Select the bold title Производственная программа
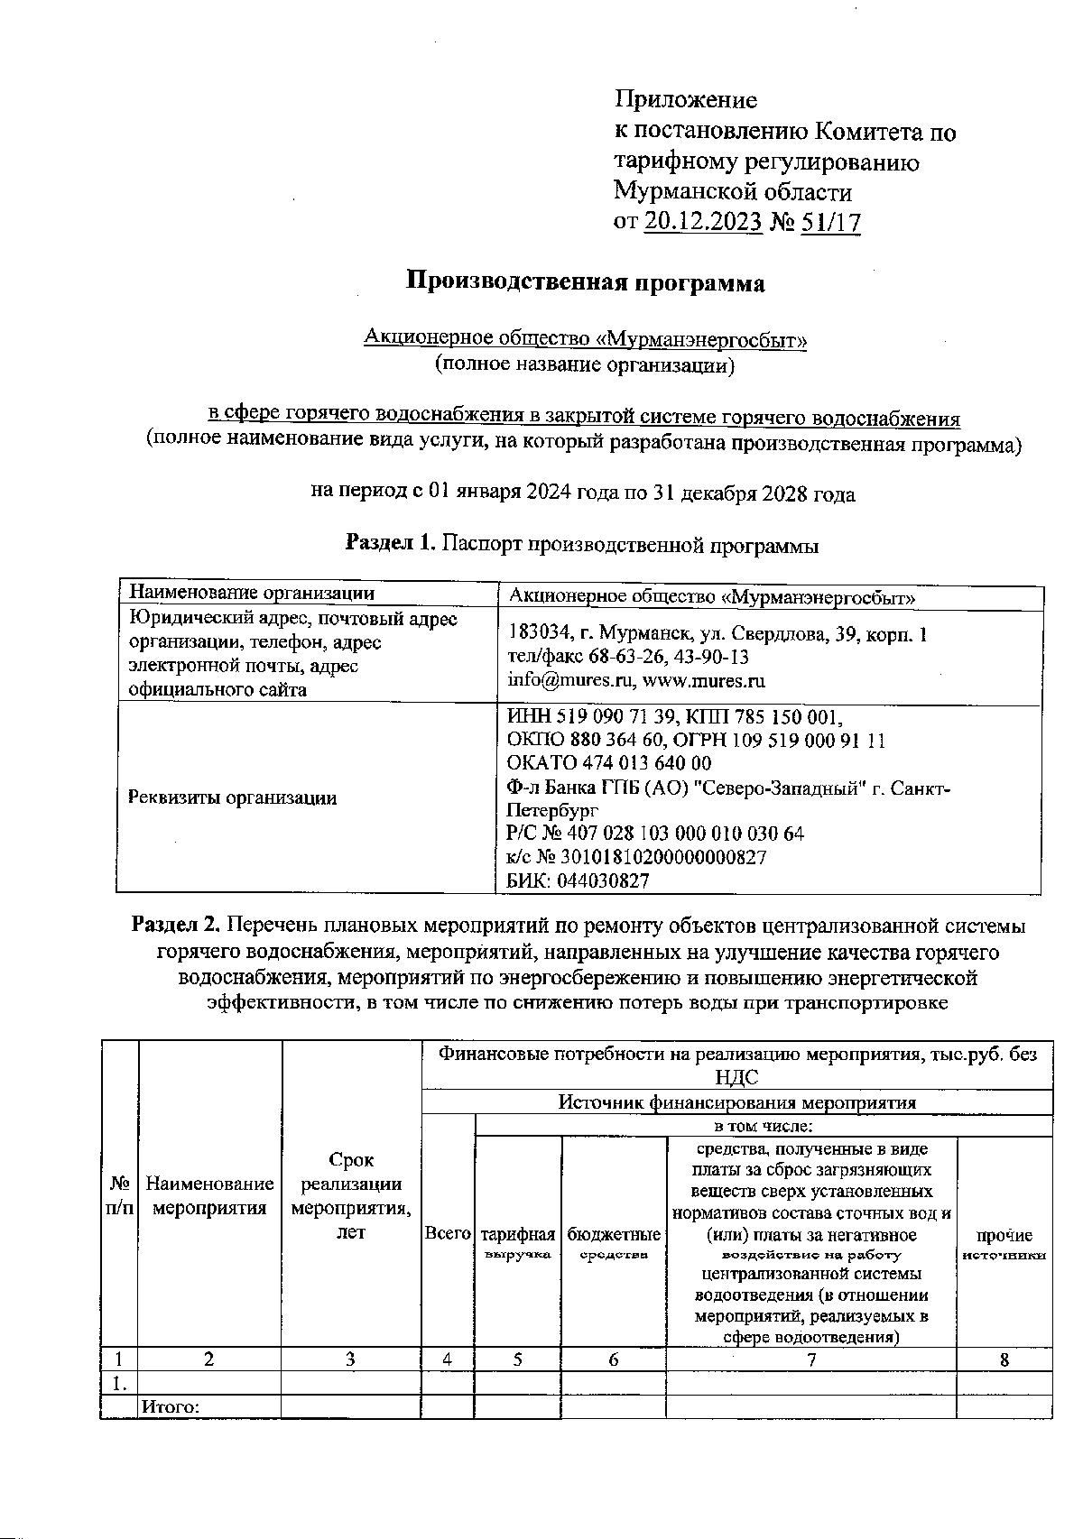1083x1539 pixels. pos(584,282)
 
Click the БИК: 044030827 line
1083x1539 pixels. pos(578,880)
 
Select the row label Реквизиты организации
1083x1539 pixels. pos(232,797)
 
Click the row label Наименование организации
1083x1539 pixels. pos(251,593)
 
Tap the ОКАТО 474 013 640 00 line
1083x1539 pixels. pos(609,764)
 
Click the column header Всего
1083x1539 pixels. pos(448,1233)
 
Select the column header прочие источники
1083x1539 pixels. pos(1004,1244)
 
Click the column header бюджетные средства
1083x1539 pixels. pos(614,1243)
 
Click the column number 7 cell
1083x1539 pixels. pos(810,1359)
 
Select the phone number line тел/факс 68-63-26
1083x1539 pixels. pos(627,657)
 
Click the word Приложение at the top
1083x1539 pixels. pos(685,99)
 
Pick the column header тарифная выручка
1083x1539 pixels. pos(517,1243)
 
